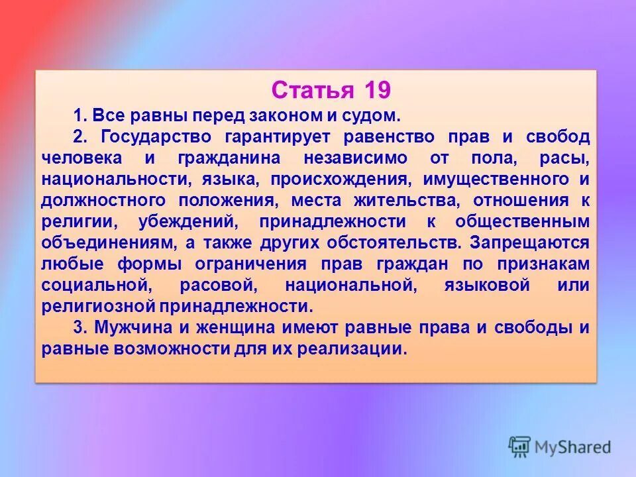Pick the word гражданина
pyautogui.click(x=230, y=158)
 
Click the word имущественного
pyautogui.click(x=502, y=180)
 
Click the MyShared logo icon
pyautogui.click(x=519, y=447)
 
